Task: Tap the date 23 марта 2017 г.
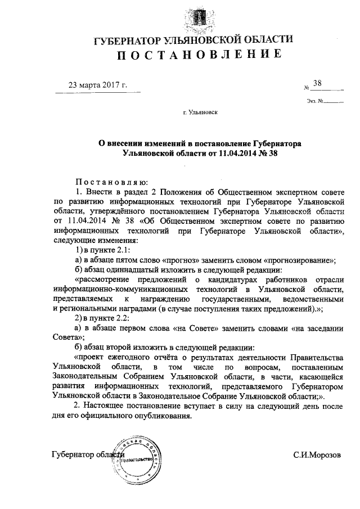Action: point(97,85)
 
